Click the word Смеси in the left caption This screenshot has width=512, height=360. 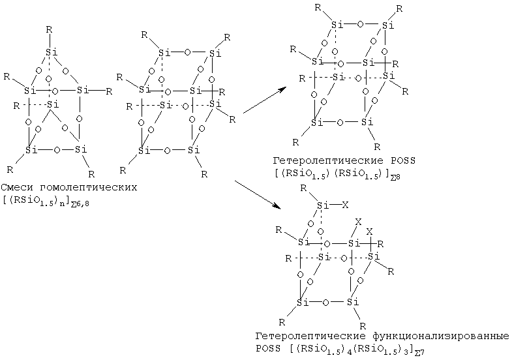point(17,187)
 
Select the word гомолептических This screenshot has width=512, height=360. point(89,188)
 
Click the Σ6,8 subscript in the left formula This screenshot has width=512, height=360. point(80,204)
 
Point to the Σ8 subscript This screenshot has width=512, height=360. point(395,177)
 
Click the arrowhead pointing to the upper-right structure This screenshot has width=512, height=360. point(282,89)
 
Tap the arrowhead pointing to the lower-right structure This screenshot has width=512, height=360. point(277,205)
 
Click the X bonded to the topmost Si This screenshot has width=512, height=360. point(345,205)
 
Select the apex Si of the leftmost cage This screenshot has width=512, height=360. point(52,52)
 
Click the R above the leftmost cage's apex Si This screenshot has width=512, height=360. point(49,30)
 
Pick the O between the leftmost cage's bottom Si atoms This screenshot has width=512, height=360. point(57,150)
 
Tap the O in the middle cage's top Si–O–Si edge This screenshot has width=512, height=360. point(187,52)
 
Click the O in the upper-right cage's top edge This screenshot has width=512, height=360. point(360,25)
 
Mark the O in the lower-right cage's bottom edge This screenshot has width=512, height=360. point(325,303)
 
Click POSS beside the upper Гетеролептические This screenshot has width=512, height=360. point(402,160)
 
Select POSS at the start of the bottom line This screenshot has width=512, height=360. point(268,348)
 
